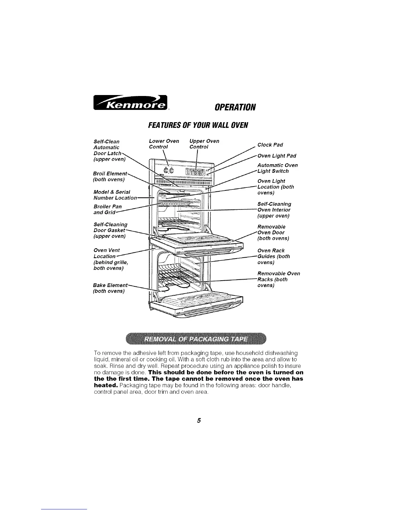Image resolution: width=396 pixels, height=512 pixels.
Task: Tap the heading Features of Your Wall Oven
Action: [x=198, y=125]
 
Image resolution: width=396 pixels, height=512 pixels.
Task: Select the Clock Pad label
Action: [x=270, y=144]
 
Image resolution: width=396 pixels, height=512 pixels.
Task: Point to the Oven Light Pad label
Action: [x=277, y=156]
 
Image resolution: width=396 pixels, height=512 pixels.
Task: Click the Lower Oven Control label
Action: [x=164, y=144]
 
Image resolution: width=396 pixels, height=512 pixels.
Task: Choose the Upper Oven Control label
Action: [x=204, y=144]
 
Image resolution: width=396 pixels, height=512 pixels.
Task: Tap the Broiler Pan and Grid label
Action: [x=107, y=209]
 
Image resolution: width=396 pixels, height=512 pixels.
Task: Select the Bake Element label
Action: [x=110, y=288]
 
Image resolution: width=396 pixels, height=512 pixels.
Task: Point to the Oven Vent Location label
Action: [x=109, y=259]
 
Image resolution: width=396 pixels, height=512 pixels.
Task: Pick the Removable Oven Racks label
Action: [x=278, y=279]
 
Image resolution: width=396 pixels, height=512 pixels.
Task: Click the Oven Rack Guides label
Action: [x=274, y=256]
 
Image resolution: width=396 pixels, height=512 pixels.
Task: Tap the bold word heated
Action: [x=105, y=386]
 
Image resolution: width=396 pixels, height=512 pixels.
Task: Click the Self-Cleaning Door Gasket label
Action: [x=110, y=230]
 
